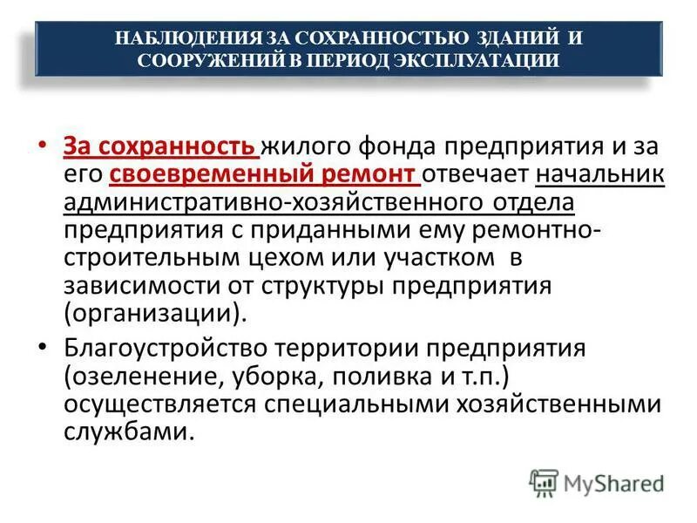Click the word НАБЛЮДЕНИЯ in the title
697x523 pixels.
coord(177,38)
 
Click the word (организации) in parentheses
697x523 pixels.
coord(148,314)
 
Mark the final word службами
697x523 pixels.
coord(125,433)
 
